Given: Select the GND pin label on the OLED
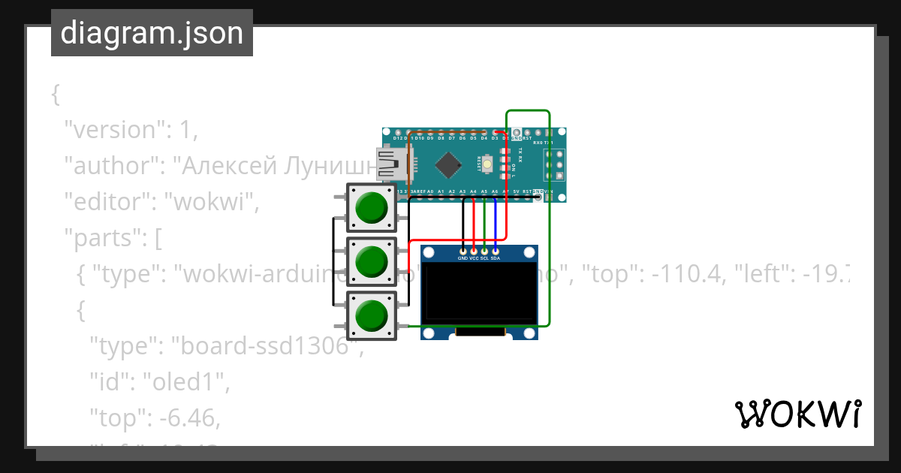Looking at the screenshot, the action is [x=463, y=258].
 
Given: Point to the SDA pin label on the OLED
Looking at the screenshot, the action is [x=496, y=258].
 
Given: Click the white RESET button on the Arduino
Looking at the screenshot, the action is [x=489, y=162].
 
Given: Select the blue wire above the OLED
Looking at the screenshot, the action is [x=495, y=225].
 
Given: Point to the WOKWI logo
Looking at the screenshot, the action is [x=797, y=414].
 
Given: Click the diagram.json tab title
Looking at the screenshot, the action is [x=152, y=33].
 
